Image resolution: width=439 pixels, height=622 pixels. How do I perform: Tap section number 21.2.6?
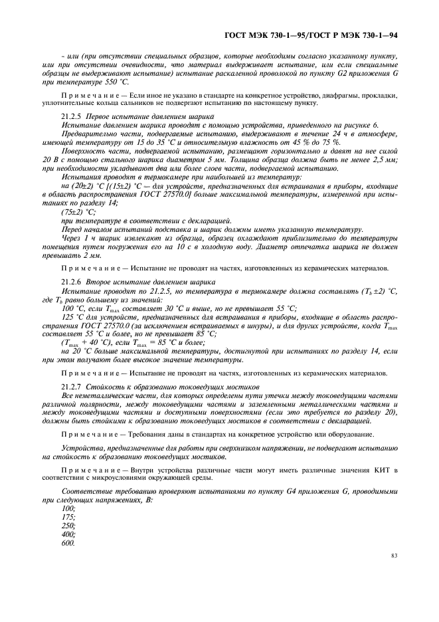pyautogui.click(x=70, y=282)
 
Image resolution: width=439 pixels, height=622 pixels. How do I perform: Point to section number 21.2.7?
pyautogui.click(x=70, y=386)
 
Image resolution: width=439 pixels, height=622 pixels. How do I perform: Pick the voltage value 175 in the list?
pyautogui.click(x=67, y=516)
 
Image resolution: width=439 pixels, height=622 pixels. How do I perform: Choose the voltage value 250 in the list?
pyautogui.click(x=67, y=524)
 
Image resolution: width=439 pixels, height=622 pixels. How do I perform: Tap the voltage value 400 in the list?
pyautogui.click(x=67, y=533)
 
